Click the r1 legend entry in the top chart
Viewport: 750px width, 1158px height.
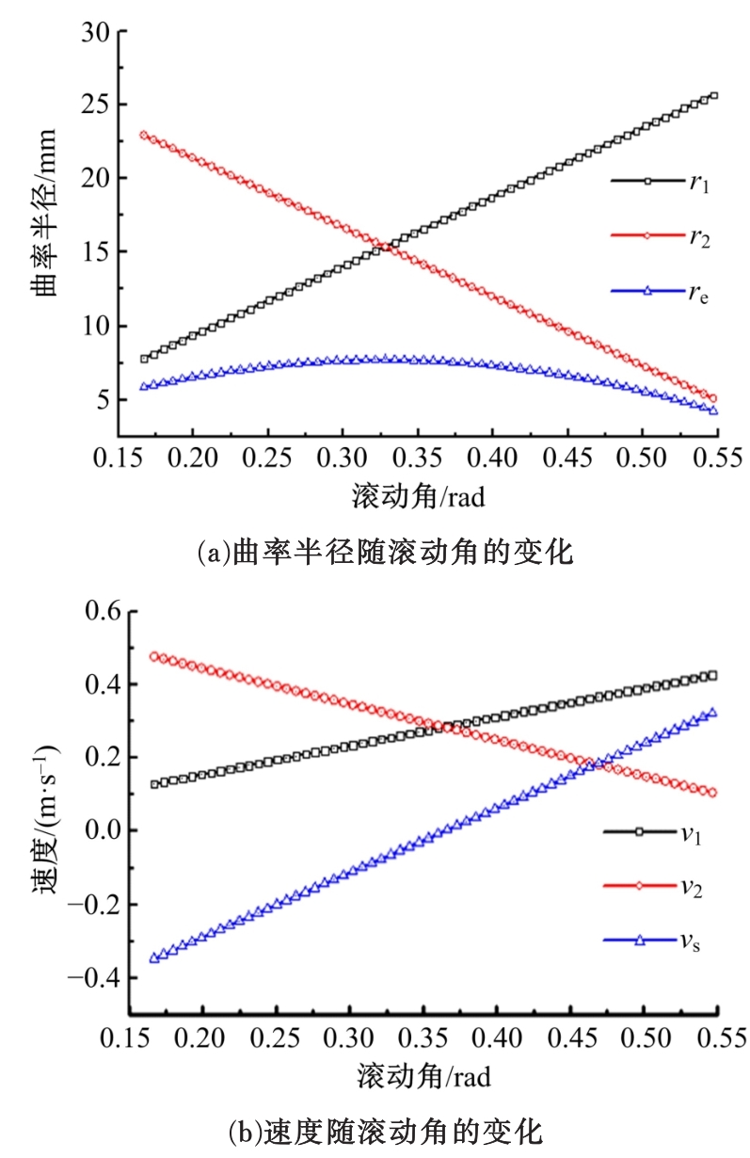tap(660, 182)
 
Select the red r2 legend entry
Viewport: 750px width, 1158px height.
tap(660, 238)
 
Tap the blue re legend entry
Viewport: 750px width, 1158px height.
tap(660, 294)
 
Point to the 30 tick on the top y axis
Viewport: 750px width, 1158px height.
tap(97, 32)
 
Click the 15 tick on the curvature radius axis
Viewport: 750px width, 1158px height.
tap(97, 252)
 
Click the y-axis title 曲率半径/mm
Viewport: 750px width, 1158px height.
tap(44, 232)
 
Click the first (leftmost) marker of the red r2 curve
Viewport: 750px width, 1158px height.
tap(144, 135)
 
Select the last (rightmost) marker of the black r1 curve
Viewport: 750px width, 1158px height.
tap(713, 95)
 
